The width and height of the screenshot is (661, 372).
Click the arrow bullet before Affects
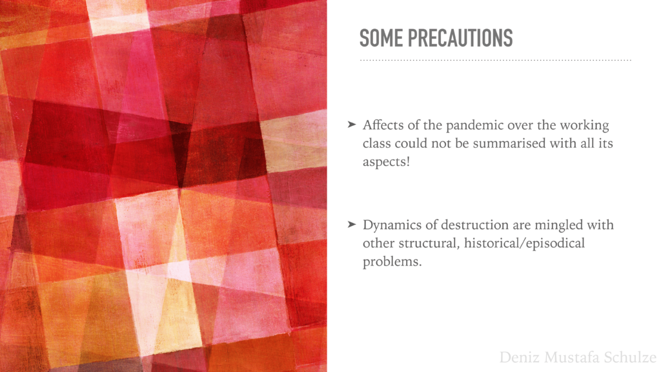352,125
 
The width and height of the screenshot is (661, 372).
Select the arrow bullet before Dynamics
352,224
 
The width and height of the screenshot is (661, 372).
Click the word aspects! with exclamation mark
386,162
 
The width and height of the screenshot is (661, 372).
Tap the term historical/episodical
524,243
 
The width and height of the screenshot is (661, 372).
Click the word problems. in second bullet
392,262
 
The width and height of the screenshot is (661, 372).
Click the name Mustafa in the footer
572,357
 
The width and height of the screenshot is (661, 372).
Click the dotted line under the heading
495,60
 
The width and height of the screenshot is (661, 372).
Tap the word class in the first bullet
376,143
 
